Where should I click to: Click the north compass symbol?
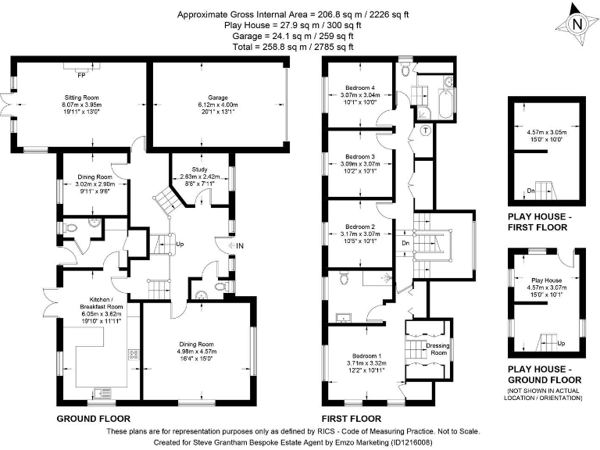[577, 23]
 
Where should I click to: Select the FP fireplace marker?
[80, 75]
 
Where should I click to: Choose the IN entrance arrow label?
[240, 246]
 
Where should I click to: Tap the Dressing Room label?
[437, 348]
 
